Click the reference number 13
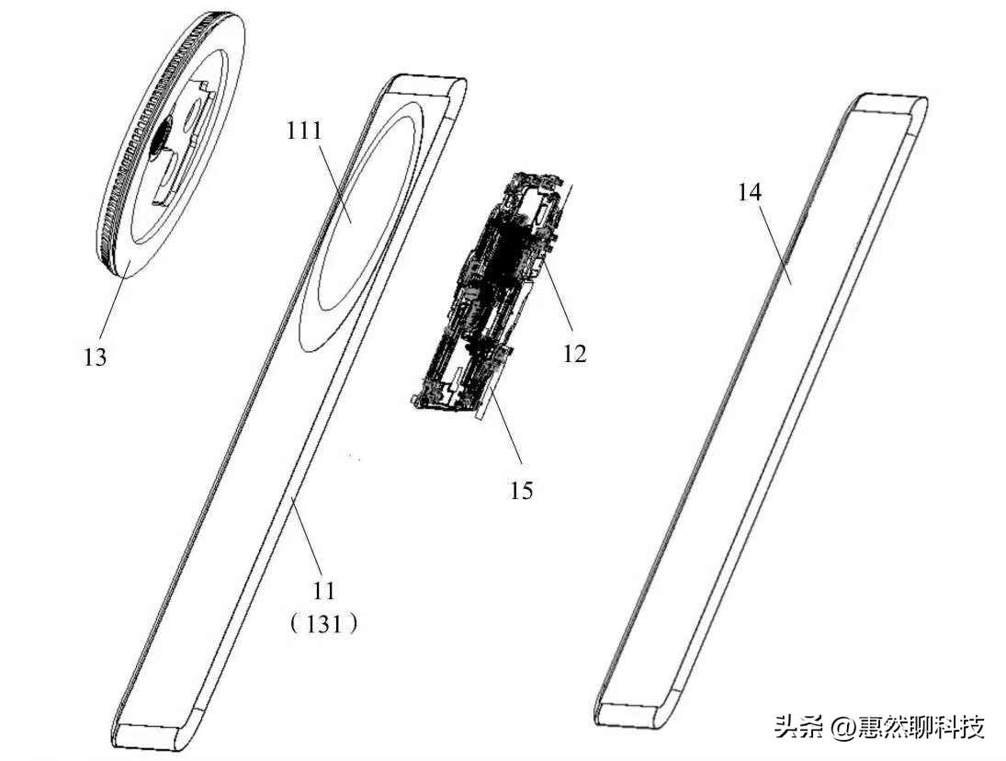[96, 357]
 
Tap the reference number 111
[304, 131]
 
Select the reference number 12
[575, 352]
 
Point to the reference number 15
[521, 490]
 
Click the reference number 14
[750, 192]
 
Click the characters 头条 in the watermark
[800, 728]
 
